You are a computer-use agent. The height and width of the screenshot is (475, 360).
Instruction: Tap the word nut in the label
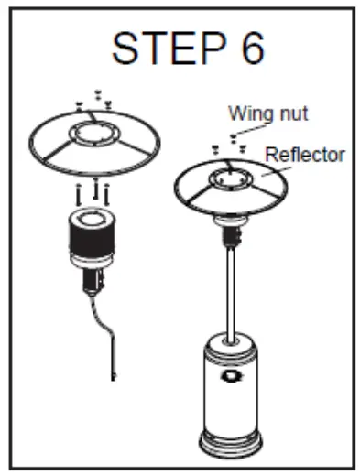click(x=292, y=114)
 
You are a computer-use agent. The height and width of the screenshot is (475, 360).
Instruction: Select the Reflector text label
click(x=304, y=154)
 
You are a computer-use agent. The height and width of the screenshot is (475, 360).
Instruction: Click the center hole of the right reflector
click(x=226, y=176)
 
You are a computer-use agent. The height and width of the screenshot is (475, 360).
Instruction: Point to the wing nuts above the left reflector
click(x=94, y=99)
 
